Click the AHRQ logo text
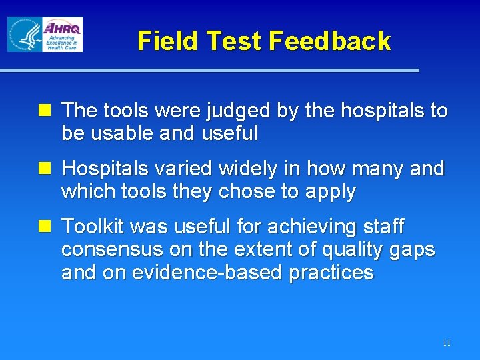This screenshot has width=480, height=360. point(63,28)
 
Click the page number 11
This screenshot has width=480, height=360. point(446,343)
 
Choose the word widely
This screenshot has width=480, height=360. point(243,169)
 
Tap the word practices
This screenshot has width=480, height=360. point(331,273)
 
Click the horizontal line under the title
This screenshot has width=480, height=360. point(209,70)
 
